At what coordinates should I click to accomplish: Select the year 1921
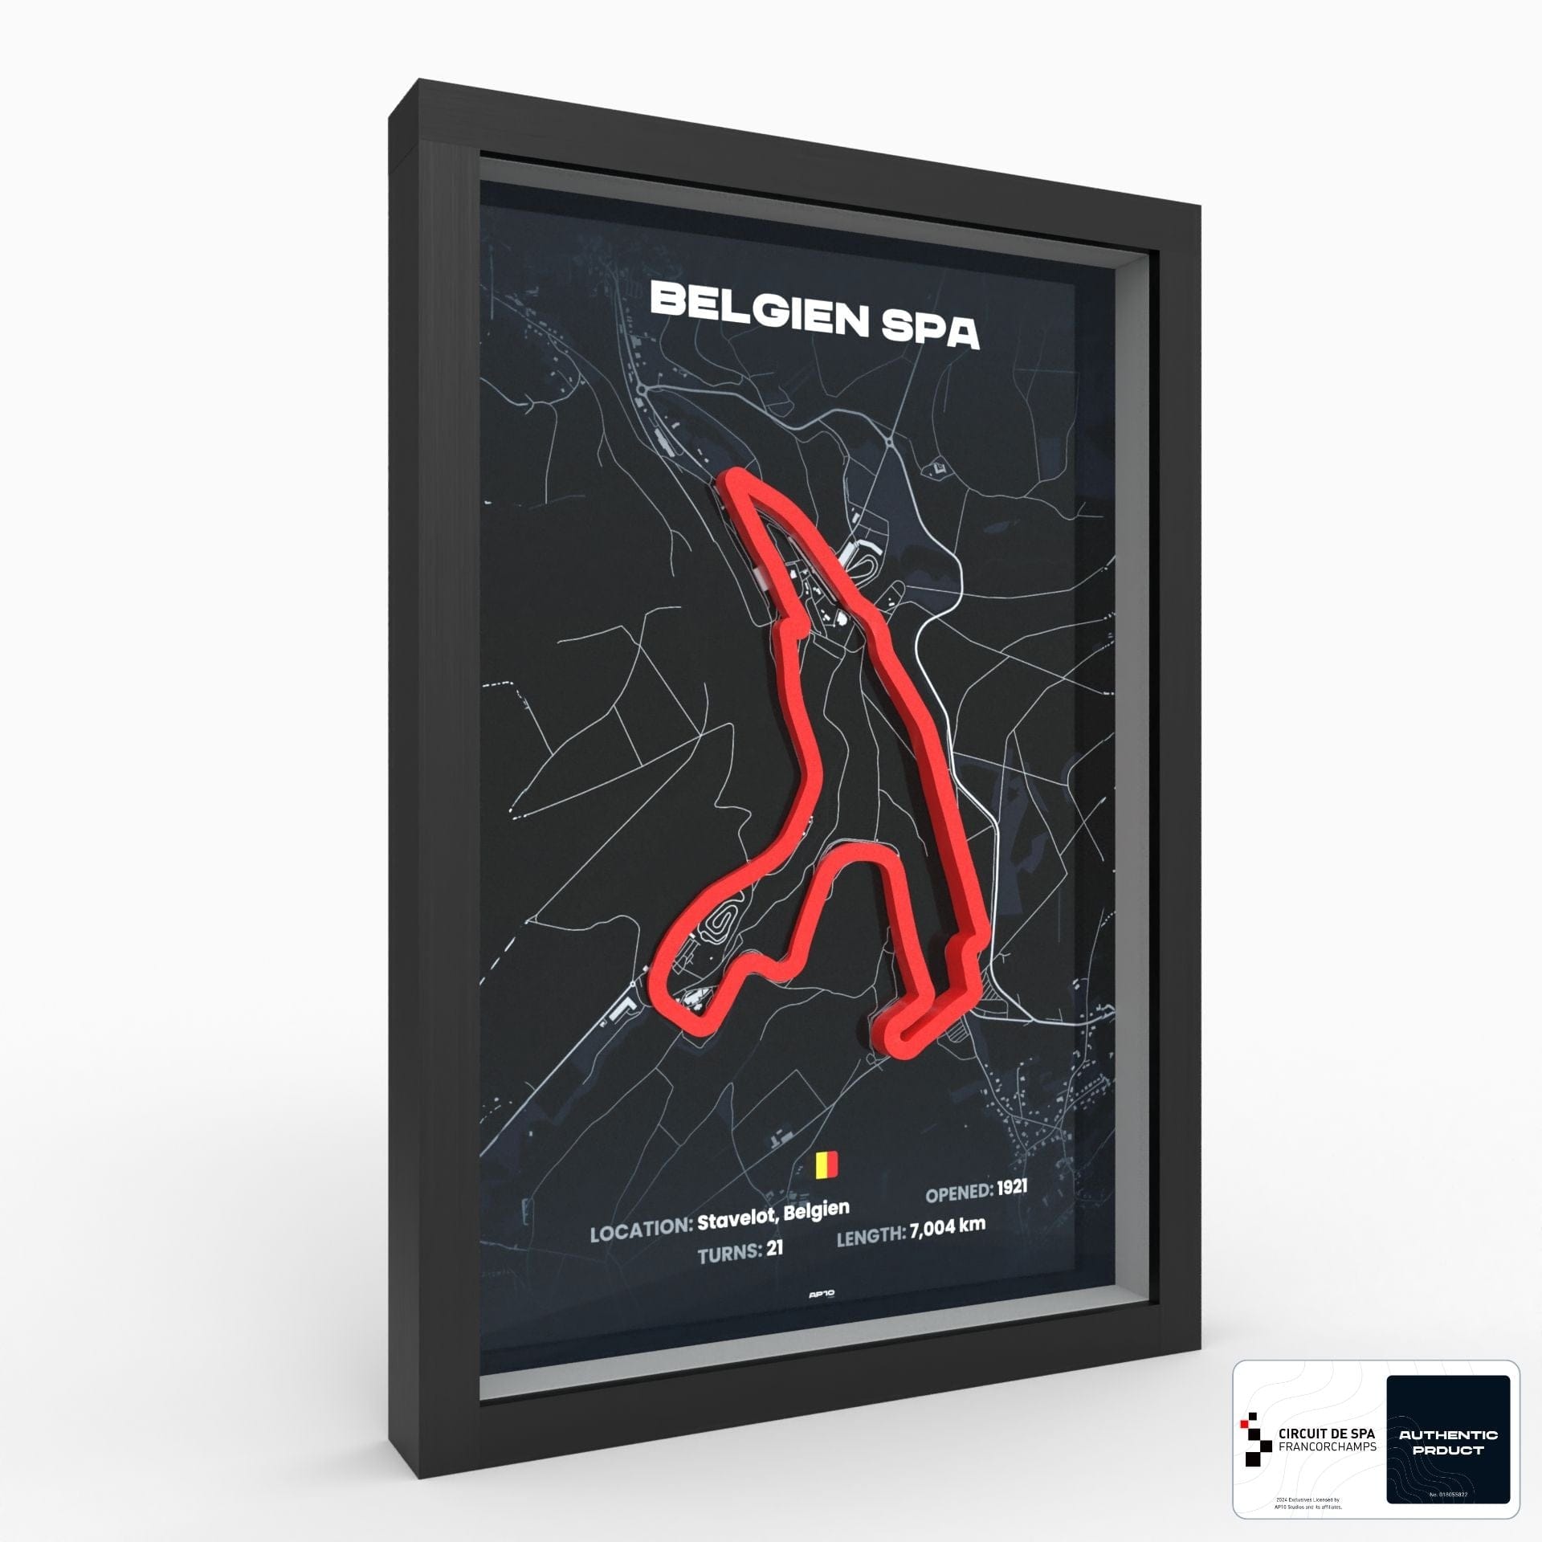[x=1012, y=1209]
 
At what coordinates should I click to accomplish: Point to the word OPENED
[x=958, y=1215]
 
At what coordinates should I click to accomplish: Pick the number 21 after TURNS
[x=774, y=1271]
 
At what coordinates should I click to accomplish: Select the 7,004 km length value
[x=948, y=1250]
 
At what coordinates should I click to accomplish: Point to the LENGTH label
[x=871, y=1258]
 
